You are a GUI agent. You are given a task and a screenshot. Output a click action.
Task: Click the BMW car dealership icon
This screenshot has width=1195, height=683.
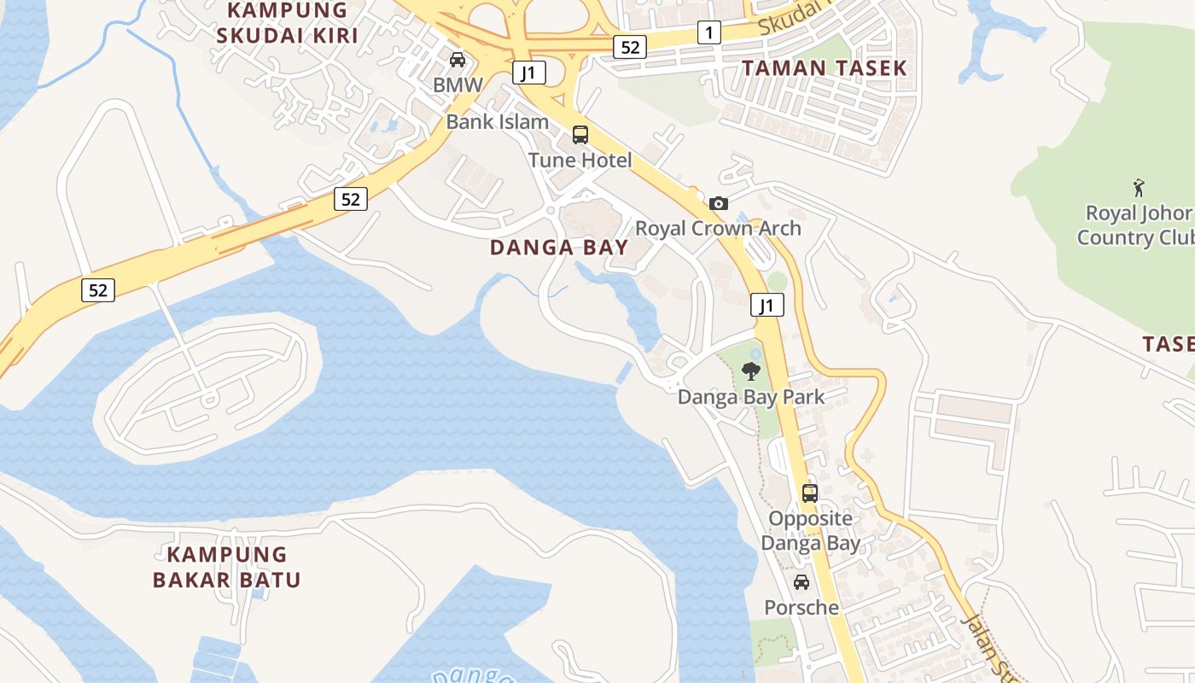tap(458, 60)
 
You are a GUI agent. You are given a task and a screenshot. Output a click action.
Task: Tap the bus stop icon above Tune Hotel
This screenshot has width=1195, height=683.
tap(580, 134)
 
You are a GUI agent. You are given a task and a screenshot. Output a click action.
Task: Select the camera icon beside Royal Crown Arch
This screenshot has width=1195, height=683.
tap(719, 203)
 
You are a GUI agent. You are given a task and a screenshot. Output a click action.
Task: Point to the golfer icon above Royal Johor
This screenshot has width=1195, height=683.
tap(1138, 187)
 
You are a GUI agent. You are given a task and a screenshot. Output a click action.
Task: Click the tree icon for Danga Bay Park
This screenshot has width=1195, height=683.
tap(751, 371)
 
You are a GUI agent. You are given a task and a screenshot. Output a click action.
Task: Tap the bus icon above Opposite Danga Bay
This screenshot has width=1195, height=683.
tap(809, 493)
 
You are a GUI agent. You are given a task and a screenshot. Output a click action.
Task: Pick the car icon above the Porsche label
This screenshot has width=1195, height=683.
tap(802, 582)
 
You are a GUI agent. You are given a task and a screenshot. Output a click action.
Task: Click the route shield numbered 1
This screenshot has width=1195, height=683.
tap(708, 33)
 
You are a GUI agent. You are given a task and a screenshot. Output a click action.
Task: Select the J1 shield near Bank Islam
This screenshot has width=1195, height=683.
tap(529, 73)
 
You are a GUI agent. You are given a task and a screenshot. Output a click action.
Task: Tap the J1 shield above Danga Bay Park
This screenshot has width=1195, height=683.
tap(767, 305)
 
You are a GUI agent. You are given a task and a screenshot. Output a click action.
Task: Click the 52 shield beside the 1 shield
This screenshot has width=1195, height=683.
tap(630, 47)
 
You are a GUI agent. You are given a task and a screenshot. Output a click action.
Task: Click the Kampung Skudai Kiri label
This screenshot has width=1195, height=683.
tap(287, 23)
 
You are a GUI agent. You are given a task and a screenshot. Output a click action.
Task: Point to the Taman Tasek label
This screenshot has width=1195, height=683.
tap(824, 68)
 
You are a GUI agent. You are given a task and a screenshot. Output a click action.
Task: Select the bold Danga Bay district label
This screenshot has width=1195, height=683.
tap(559, 248)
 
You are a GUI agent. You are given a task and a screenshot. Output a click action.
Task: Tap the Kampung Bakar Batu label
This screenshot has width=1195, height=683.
tap(227, 567)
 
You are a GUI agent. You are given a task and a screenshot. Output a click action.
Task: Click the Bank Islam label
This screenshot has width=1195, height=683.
tap(498, 121)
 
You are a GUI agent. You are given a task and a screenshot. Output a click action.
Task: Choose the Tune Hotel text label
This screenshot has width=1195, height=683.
tap(580, 160)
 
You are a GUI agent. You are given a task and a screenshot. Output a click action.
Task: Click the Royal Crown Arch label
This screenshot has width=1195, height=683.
tap(718, 228)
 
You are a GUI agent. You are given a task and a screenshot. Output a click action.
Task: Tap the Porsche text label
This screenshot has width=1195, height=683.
tap(802, 607)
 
